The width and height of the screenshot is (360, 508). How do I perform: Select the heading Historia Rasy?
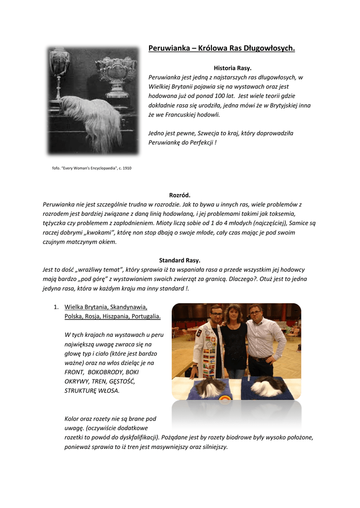232,67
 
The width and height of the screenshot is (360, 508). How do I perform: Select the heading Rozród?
179,195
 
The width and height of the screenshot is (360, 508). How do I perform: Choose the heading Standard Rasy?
179,260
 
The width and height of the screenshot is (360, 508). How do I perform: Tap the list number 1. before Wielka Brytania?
57,307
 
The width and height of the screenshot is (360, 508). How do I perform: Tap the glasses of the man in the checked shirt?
255,313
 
